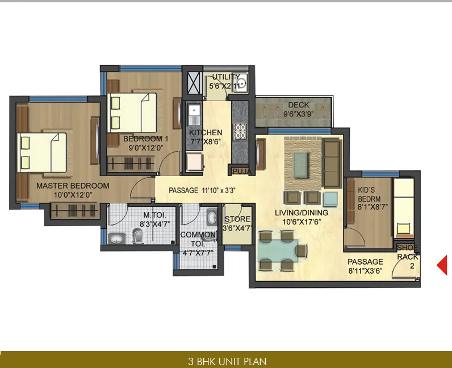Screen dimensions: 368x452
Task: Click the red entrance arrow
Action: (x=441, y=265)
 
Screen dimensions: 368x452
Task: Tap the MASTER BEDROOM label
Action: (x=73, y=186)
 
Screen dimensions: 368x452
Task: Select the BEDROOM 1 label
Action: (x=147, y=139)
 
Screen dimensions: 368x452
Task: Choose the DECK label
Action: (x=299, y=105)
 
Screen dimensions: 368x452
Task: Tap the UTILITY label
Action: (x=225, y=78)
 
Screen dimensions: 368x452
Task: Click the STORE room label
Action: (x=238, y=220)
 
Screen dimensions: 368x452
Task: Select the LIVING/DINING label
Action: (x=302, y=212)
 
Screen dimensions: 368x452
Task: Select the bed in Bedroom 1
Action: (x=133, y=111)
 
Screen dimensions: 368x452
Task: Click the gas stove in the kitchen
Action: (x=240, y=132)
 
